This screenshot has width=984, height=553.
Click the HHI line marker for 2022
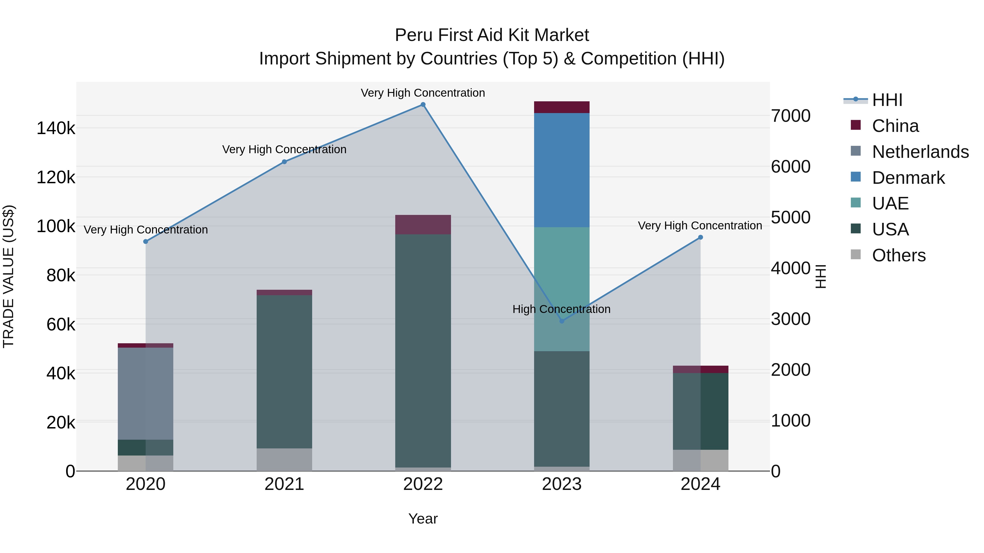coord(423,105)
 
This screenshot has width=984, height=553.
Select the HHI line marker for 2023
coord(561,321)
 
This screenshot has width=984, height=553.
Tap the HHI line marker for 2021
coord(284,162)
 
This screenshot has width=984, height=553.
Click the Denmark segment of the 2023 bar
coord(561,170)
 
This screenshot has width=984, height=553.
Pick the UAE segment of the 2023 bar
coord(561,289)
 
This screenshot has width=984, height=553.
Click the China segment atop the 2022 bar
coord(423,224)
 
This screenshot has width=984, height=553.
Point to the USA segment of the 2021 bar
coord(284,371)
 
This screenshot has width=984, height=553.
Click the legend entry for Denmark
coord(908,178)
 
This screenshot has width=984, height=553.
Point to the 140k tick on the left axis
coord(56,128)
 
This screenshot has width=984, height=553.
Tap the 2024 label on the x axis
coord(700,484)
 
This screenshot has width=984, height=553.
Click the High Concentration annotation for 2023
coord(561,309)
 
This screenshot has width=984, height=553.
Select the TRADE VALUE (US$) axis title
coord(8,276)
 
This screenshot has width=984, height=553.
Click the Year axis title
coord(423,519)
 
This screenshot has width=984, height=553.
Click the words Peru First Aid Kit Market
coord(492,35)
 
